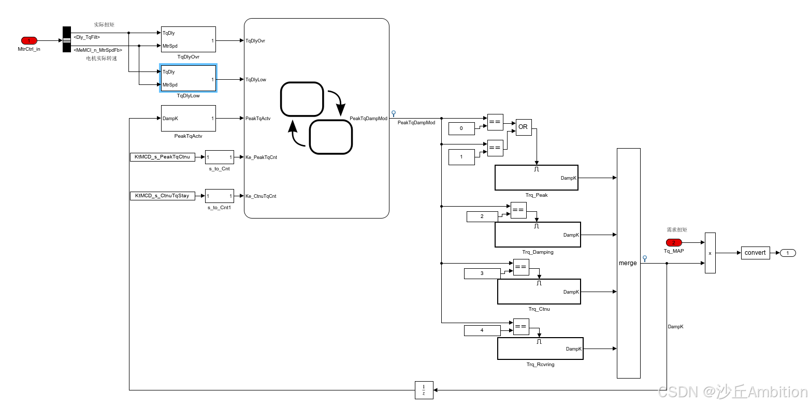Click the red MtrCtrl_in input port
tap(29, 40)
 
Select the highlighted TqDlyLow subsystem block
tap(188, 79)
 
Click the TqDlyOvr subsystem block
tap(188, 39)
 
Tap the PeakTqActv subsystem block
tap(188, 119)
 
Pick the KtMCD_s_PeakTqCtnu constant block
tap(162, 157)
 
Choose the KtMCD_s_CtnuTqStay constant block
tap(162, 196)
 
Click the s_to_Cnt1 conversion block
tap(219, 196)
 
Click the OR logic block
tap(523, 127)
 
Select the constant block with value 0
tap(461, 128)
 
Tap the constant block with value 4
tap(482, 330)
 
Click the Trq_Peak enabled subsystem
tap(536, 178)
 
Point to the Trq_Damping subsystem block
tap(538, 235)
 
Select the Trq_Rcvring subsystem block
tap(540, 349)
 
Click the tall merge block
tap(628, 263)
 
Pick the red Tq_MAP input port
tap(674, 242)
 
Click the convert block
tap(755, 253)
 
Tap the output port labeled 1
tap(788, 253)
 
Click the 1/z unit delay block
tap(424, 390)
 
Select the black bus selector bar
tap(67, 39)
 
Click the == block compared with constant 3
tap(521, 267)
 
